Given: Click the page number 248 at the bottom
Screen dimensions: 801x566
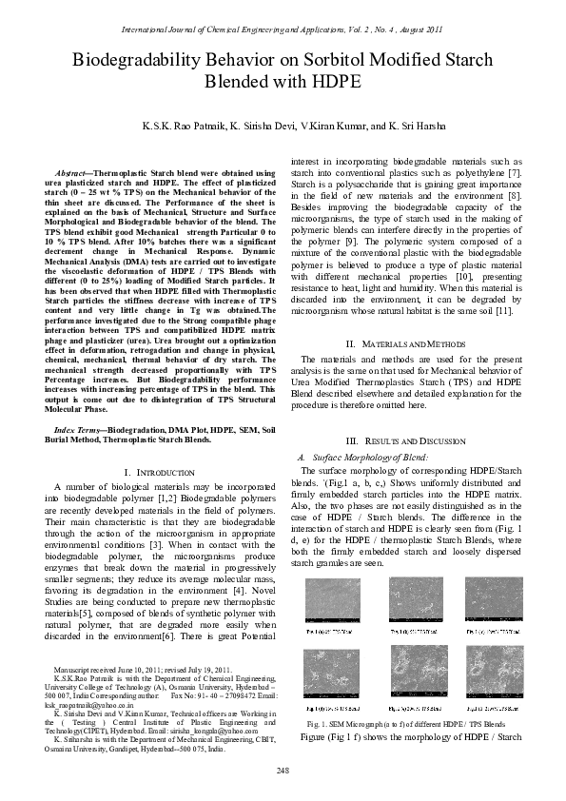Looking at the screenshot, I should [283, 770].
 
